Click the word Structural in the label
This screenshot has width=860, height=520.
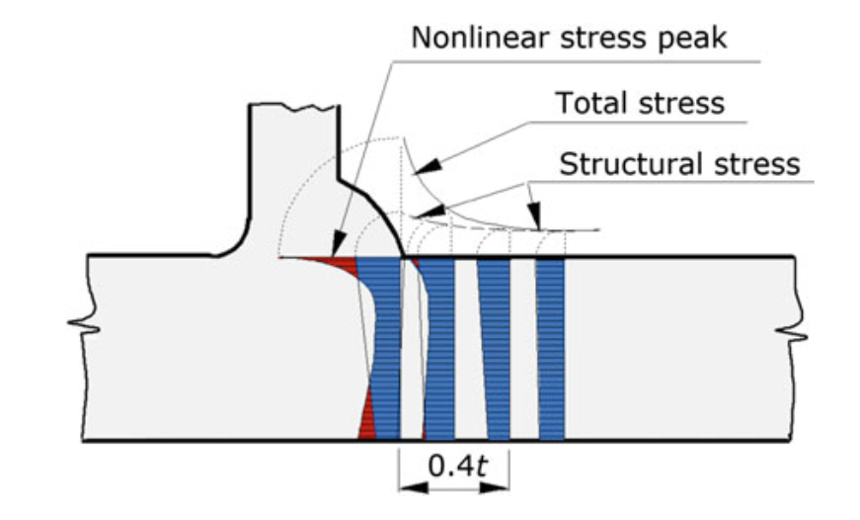(x=624, y=164)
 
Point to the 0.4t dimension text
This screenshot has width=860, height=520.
(x=457, y=467)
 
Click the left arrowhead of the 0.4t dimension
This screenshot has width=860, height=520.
(x=414, y=487)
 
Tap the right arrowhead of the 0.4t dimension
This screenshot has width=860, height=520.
(x=494, y=487)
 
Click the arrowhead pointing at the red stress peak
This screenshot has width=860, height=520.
(x=339, y=244)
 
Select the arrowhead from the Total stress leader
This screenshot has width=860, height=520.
(x=427, y=167)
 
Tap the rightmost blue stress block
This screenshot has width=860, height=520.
(x=551, y=349)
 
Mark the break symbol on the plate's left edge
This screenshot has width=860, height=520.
(x=84, y=325)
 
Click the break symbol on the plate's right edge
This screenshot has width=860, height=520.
(x=792, y=332)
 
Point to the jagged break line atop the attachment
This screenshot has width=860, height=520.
(x=294, y=106)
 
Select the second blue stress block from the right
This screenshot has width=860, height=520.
(x=495, y=349)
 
